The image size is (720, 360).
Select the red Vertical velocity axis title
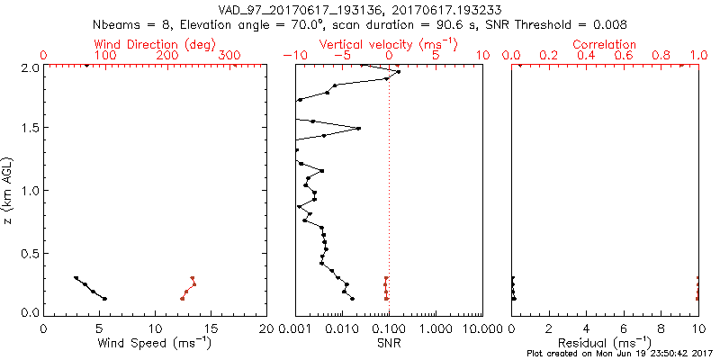point(388,44)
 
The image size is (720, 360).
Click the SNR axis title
point(388,342)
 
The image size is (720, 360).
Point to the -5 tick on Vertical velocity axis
point(341,56)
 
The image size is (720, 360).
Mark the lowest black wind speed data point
point(104,299)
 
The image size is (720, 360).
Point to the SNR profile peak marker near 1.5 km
point(359,129)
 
